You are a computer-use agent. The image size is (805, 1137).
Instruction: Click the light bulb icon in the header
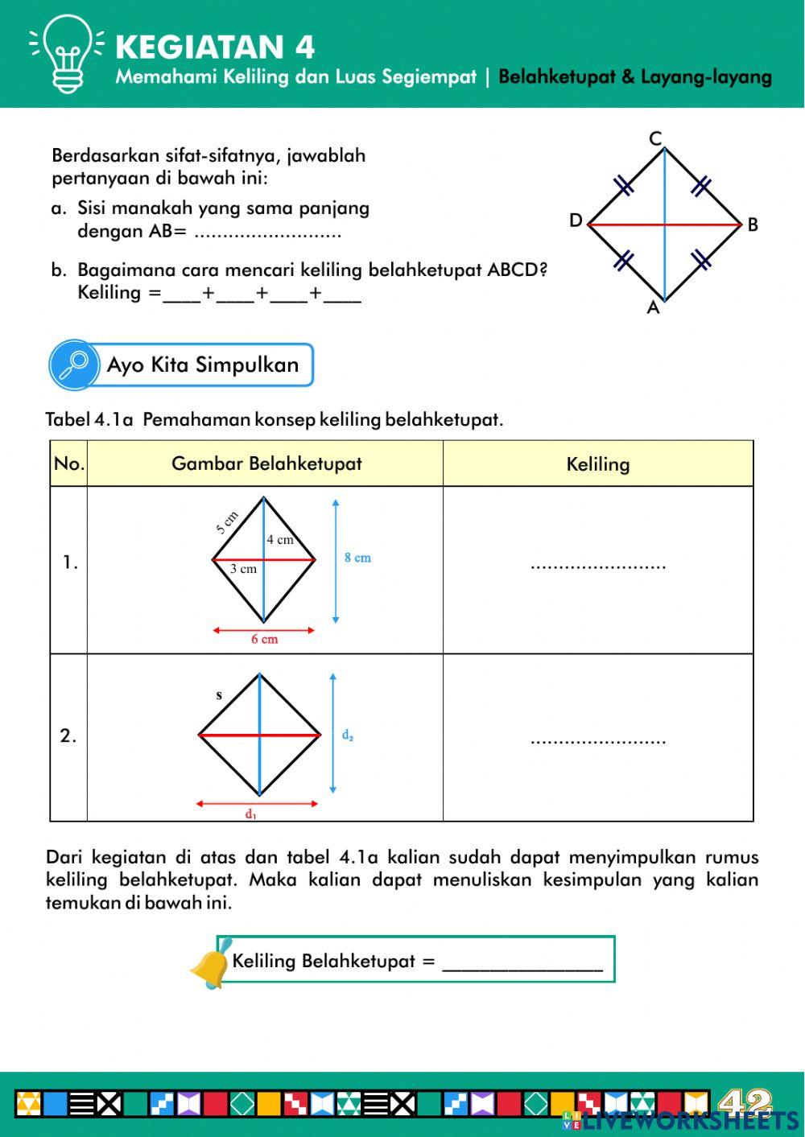tap(67, 53)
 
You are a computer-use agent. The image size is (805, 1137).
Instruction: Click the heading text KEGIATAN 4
tap(215, 47)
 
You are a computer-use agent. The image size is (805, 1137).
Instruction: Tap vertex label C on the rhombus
tap(655, 138)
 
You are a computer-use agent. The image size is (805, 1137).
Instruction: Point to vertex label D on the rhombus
tap(576, 220)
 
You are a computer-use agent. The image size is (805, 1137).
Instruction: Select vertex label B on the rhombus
tap(753, 225)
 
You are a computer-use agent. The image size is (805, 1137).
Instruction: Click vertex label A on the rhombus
tap(653, 308)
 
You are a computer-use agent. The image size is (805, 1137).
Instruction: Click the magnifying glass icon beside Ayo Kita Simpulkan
tap(74, 365)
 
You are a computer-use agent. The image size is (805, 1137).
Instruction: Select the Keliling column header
tap(597, 464)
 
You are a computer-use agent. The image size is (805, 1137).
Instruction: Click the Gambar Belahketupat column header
tap(266, 463)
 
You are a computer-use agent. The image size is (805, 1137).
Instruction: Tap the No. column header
tap(69, 463)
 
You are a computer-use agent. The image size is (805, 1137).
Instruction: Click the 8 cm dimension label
tap(357, 558)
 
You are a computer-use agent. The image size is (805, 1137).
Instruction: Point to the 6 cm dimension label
tap(264, 639)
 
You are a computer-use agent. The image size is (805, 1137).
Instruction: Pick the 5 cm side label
tap(227, 523)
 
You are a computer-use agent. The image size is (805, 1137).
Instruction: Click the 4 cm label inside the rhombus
tap(280, 540)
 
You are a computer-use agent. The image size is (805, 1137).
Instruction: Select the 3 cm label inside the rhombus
tap(243, 569)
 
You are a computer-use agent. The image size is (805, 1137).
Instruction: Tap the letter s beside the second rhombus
tap(219, 695)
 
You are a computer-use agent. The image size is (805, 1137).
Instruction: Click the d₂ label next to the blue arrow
tap(348, 735)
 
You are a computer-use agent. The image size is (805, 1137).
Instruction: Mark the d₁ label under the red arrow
tap(251, 814)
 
